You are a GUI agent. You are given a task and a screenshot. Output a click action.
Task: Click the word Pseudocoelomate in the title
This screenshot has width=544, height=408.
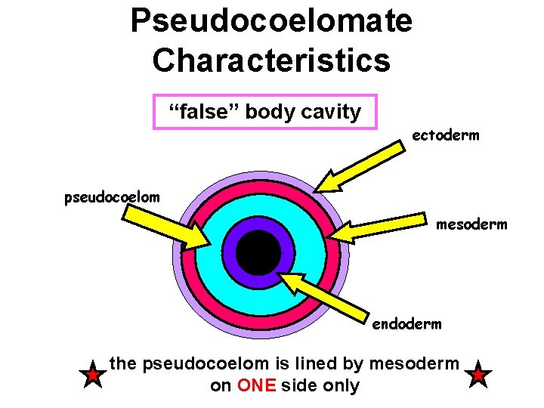click(x=271, y=20)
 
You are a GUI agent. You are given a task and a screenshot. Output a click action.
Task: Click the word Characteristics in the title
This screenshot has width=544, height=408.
click(x=271, y=60)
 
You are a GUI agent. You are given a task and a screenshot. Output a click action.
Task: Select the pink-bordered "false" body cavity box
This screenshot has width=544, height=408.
click(x=264, y=112)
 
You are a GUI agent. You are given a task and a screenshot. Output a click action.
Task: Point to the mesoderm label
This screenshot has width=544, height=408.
click(x=471, y=224)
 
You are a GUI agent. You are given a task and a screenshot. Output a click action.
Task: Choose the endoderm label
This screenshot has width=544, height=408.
click(x=406, y=324)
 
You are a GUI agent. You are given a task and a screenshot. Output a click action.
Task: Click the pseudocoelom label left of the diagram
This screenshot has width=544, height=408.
click(x=112, y=198)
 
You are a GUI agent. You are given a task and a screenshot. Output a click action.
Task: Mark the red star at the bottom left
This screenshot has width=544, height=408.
click(x=92, y=375)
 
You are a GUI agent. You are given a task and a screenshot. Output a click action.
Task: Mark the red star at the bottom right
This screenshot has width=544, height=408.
click(x=480, y=375)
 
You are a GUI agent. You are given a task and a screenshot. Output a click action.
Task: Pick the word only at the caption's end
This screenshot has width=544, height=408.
click(x=341, y=386)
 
